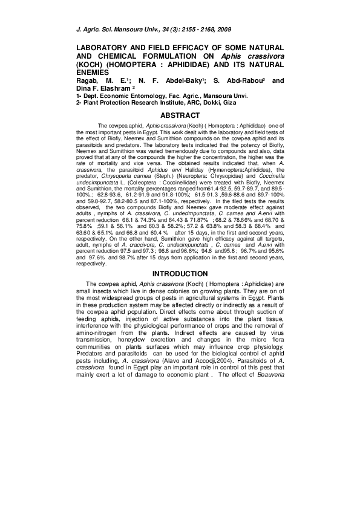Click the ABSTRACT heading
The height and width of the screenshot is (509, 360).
pos(180,115)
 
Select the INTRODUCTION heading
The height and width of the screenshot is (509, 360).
pos(180,274)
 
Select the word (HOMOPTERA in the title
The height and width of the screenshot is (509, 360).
pos(126,63)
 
